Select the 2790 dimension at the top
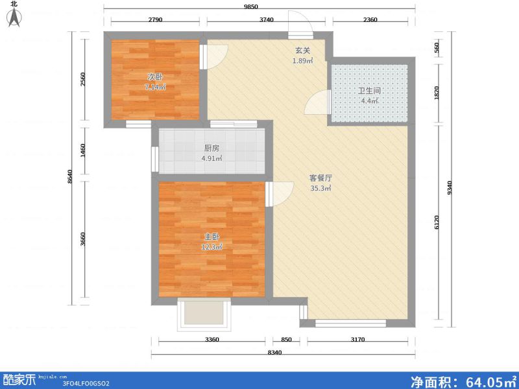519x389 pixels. (x=154, y=20)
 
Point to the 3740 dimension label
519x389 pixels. (x=267, y=20)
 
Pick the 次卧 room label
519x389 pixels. (x=154, y=77)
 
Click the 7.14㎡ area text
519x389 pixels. (x=154, y=86)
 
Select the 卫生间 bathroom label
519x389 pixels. (x=369, y=91)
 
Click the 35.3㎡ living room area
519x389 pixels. (x=320, y=188)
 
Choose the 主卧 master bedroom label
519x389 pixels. (x=212, y=237)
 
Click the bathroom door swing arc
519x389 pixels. (x=318, y=103)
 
